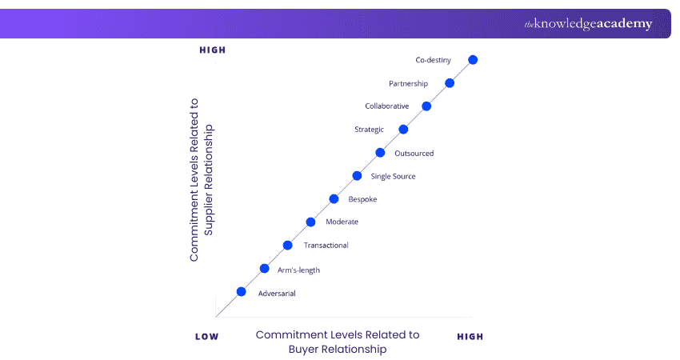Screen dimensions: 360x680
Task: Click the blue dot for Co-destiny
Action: [x=473, y=60]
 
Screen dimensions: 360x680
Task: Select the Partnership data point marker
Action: [x=450, y=83]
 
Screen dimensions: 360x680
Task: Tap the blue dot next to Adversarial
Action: [x=241, y=292]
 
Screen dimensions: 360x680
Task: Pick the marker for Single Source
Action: [x=357, y=176]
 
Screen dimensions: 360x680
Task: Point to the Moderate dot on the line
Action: [x=310, y=222]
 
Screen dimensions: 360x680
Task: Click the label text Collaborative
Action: [x=386, y=106]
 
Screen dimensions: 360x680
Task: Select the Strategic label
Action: [x=369, y=130]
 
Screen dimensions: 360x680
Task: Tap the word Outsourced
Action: [x=414, y=154]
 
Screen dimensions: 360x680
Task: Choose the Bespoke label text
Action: [x=362, y=199]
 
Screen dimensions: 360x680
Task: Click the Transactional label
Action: [x=326, y=246]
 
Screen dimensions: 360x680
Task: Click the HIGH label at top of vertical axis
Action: [x=213, y=50]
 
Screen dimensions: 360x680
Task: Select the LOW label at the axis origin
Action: [x=206, y=337]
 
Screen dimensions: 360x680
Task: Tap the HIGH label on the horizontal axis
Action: [x=470, y=337]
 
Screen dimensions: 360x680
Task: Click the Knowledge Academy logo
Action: [x=588, y=24]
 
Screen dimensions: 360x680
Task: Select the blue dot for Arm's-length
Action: [x=264, y=269]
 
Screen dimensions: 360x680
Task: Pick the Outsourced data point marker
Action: [x=380, y=153]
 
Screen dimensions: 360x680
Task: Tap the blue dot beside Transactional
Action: [x=287, y=245]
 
